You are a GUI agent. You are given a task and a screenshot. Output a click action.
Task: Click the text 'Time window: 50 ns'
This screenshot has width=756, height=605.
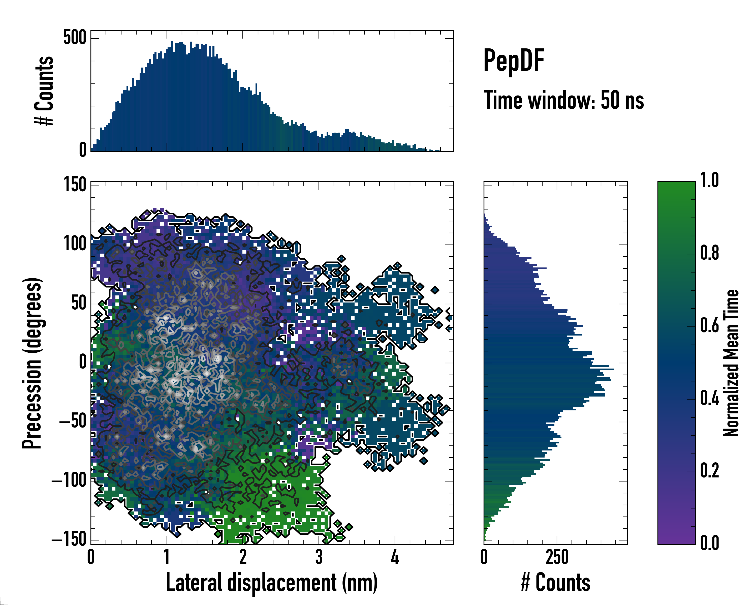(x=563, y=100)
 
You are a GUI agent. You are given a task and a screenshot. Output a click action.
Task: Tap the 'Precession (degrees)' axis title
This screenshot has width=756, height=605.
(x=32, y=363)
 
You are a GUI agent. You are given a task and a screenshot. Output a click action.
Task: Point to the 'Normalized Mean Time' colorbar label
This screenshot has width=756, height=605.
(x=731, y=363)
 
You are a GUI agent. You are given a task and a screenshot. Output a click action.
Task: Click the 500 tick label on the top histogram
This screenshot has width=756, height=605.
(x=75, y=38)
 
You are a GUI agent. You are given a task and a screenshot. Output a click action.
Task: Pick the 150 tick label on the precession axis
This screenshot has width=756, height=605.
(x=75, y=185)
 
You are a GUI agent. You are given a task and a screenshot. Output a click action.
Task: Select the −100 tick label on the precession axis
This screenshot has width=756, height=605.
(x=69, y=480)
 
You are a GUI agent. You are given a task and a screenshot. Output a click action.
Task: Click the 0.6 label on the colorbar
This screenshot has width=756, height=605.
(x=709, y=325)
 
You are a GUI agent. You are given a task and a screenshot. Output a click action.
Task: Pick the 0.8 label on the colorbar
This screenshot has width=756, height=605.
(x=709, y=253)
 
